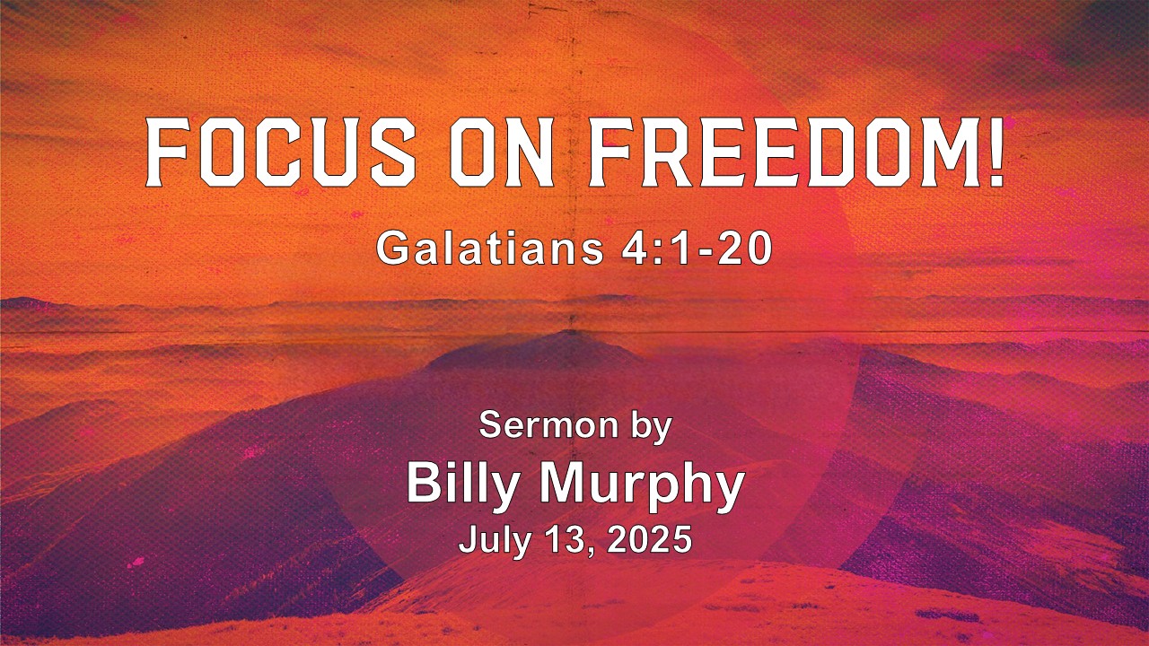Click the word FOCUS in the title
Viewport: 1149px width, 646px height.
click(x=281, y=153)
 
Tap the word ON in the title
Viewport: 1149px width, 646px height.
click(x=502, y=153)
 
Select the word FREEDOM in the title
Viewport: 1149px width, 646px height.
click(x=780, y=153)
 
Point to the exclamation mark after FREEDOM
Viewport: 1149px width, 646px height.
click(x=995, y=153)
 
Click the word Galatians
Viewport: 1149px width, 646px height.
click(x=489, y=249)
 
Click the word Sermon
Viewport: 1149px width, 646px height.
click(x=548, y=425)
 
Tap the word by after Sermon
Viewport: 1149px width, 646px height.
click(x=652, y=427)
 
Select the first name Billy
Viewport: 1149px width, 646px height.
click(x=461, y=484)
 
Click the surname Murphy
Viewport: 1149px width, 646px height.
click(x=642, y=484)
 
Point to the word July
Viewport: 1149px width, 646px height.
click(x=493, y=540)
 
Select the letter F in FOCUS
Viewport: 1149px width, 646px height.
click(x=168, y=153)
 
